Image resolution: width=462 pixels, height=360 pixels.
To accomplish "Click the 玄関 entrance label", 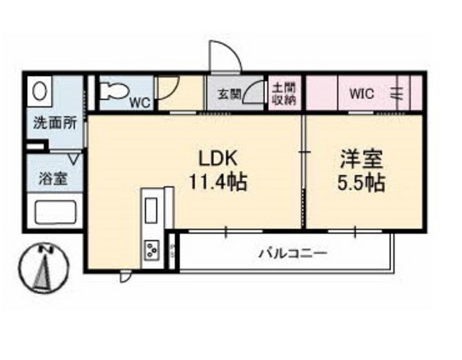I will pos(229,93).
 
